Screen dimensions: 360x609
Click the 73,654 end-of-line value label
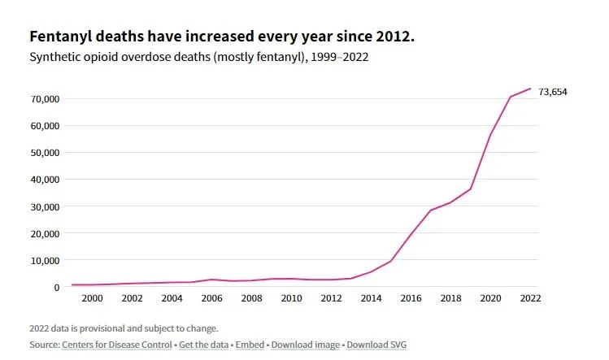(x=553, y=92)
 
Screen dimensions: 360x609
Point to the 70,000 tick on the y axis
(x=45, y=99)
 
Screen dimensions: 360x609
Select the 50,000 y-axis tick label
(x=45, y=153)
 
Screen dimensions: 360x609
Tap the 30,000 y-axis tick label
(x=45, y=206)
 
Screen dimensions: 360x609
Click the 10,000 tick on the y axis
(x=45, y=260)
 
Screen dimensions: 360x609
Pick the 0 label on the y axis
(x=56, y=287)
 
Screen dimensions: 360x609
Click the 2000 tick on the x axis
(x=92, y=299)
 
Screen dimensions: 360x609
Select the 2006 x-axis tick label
(x=211, y=299)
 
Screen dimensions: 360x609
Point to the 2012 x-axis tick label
(x=331, y=299)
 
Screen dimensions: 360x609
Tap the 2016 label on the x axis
(x=411, y=299)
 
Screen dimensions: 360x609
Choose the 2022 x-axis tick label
(x=530, y=299)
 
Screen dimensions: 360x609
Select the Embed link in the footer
(x=249, y=345)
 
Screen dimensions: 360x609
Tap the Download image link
(x=306, y=345)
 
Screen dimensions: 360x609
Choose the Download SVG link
(x=376, y=345)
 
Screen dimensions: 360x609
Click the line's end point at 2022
(x=530, y=89)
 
